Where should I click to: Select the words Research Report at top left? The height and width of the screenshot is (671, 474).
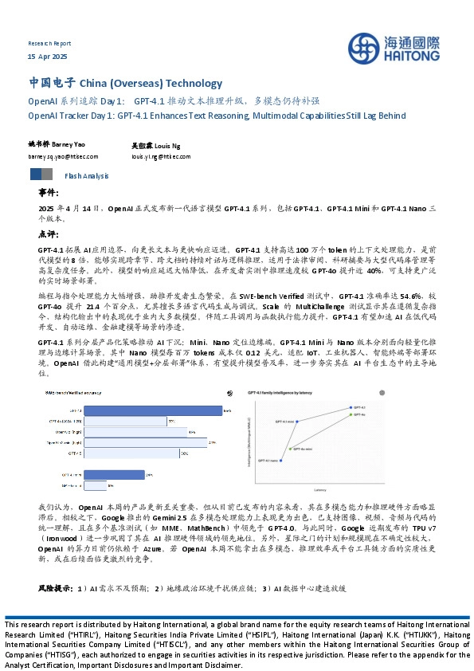(x=49, y=44)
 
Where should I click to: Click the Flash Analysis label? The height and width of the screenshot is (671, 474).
(x=86, y=175)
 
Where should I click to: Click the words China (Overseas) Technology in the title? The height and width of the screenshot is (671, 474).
(x=151, y=83)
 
